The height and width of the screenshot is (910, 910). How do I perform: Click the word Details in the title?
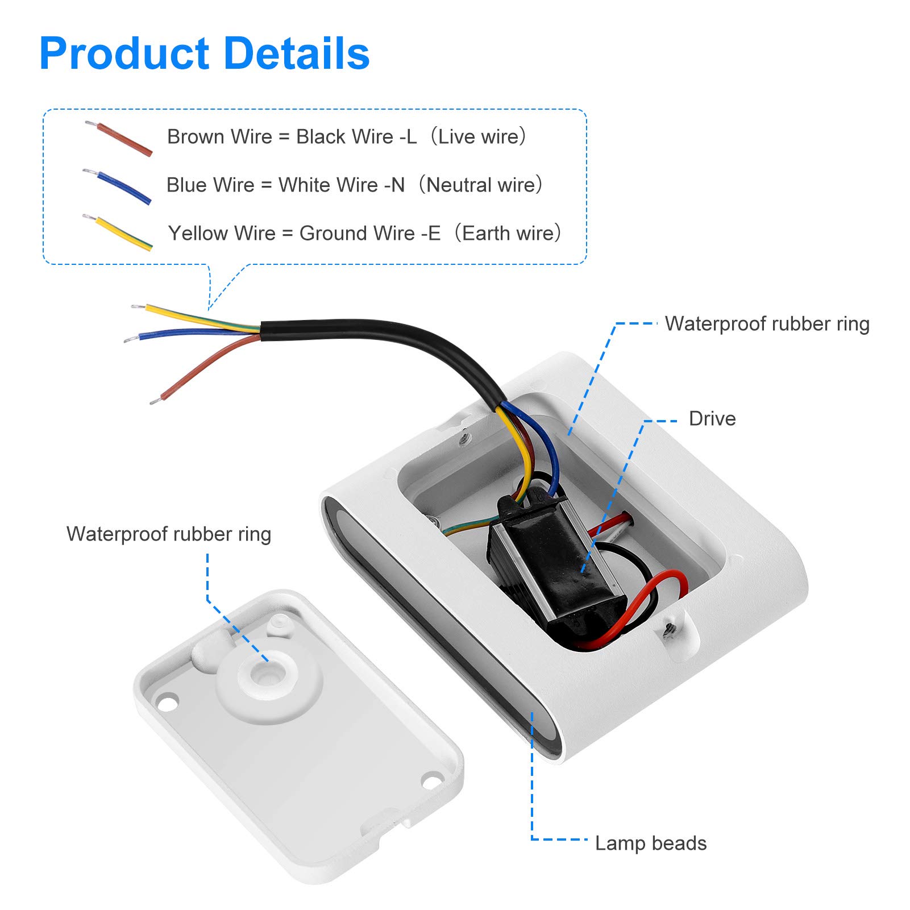[x=297, y=53]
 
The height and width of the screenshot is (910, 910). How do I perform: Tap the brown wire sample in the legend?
[x=119, y=138]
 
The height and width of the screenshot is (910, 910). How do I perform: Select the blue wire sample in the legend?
[x=117, y=186]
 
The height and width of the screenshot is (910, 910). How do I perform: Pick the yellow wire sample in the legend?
[x=118, y=232]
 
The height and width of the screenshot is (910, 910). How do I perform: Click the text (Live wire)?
[x=478, y=136]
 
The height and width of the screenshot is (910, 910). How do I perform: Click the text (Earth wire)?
[x=508, y=233]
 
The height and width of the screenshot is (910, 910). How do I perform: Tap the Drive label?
[x=712, y=418]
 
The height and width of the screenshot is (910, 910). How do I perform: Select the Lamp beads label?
[x=651, y=843]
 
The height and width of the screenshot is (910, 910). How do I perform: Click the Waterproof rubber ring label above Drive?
[x=767, y=324]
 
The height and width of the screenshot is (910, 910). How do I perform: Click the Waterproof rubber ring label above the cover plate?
[x=169, y=534]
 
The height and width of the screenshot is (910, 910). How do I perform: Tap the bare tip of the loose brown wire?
[x=154, y=402]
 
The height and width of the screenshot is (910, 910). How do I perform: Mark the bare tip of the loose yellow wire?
[x=138, y=307]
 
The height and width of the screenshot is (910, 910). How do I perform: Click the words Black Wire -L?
[x=356, y=136]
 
